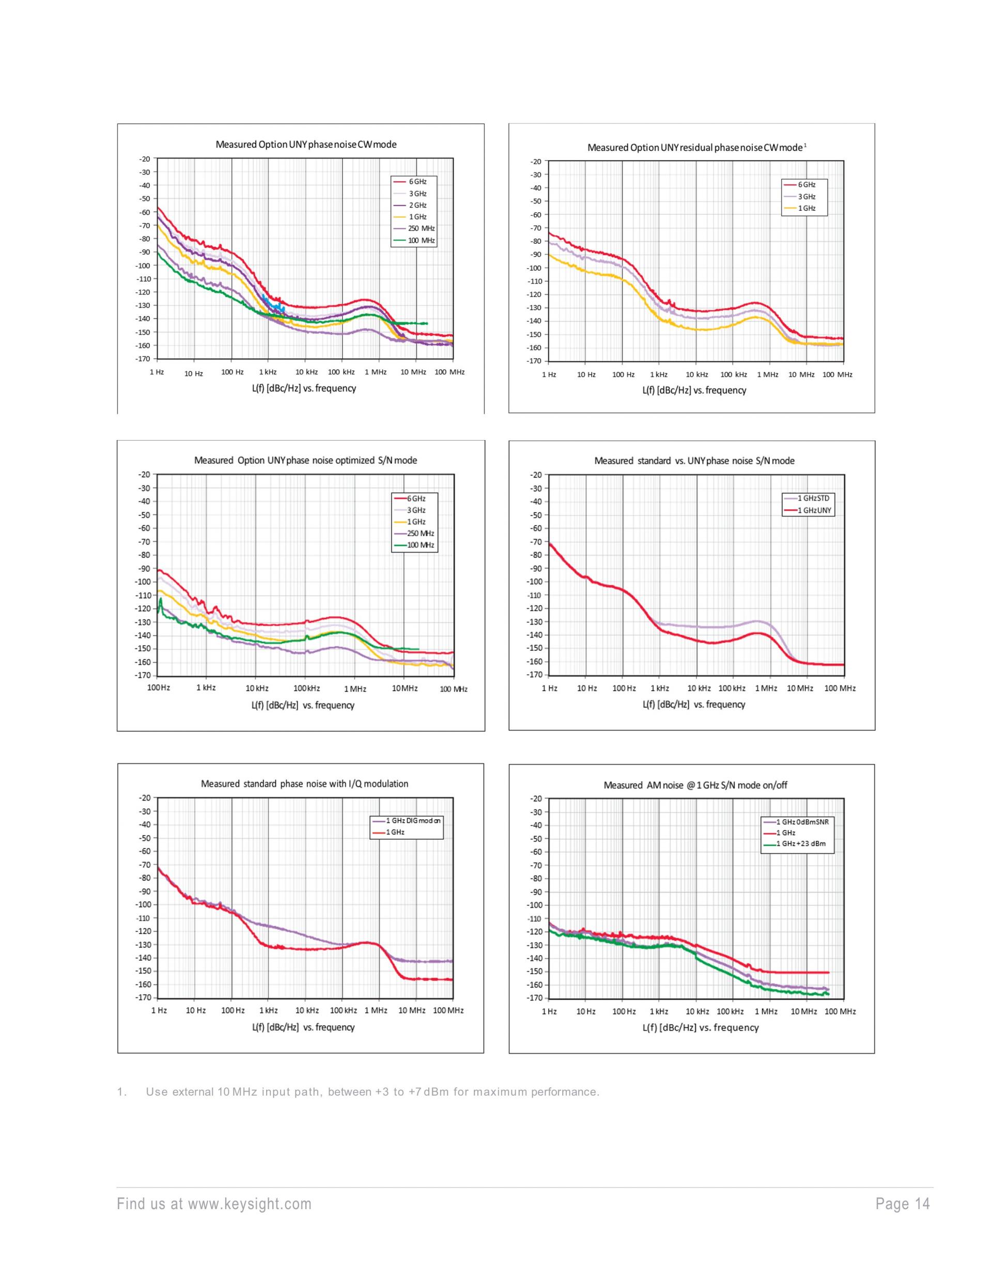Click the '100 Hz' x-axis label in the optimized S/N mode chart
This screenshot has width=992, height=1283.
point(159,687)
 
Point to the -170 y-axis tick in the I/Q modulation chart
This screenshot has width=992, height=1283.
point(145,997)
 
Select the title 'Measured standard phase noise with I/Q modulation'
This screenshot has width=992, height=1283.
point(304,784)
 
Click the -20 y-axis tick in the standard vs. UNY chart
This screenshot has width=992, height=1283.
point(535,475)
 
